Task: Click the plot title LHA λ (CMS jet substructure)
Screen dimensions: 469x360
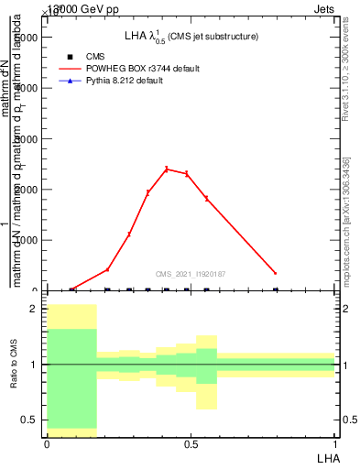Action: point(191,36)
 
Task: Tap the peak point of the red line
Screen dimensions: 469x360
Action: point(167,169)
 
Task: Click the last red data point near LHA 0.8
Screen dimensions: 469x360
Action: point(275,273)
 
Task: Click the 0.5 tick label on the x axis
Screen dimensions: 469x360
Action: point(191,443)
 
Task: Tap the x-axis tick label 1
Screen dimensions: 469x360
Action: point(334,443)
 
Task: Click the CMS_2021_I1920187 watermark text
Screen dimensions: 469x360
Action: point(191,274)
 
